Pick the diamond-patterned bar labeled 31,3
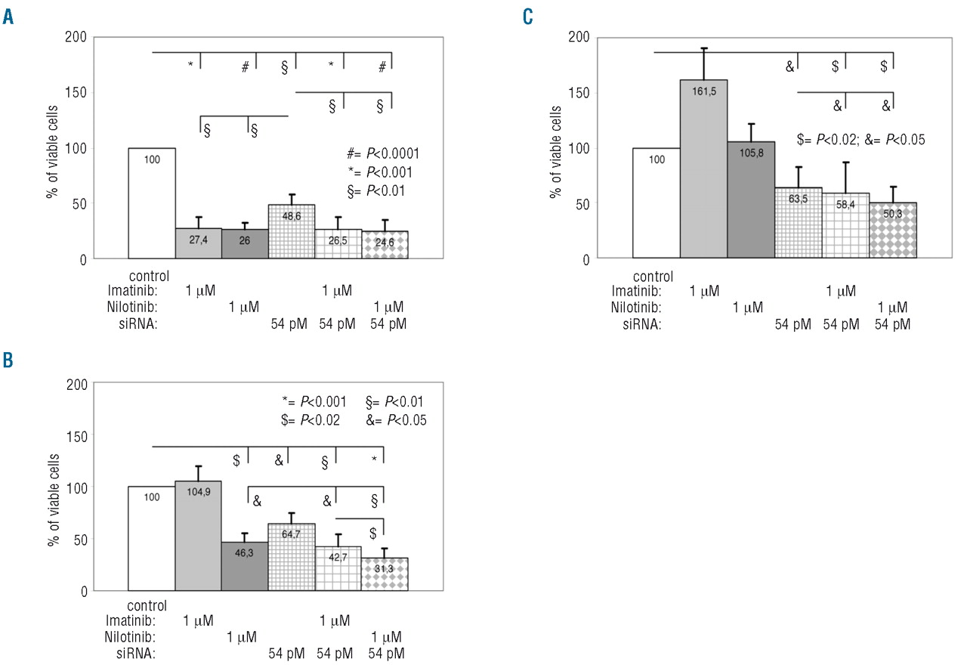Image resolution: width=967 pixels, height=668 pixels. click(385, 574)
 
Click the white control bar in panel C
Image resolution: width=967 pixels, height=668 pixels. click(656, 203)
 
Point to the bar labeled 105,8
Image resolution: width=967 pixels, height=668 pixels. click(751, 199)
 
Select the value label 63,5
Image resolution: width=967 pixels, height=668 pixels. click(799, 202)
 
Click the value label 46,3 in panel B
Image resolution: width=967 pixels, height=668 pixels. click(245, 553)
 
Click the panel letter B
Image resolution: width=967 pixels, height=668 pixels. click(8, 360)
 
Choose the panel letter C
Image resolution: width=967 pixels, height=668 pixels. click(528, 16)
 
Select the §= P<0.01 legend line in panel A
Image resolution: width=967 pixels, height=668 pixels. click(375, 191)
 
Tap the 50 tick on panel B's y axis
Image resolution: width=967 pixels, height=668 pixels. click(79, 540)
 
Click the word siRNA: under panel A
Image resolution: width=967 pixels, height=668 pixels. click(137, 325)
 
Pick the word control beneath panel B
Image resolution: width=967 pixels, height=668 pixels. click(147, 605)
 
